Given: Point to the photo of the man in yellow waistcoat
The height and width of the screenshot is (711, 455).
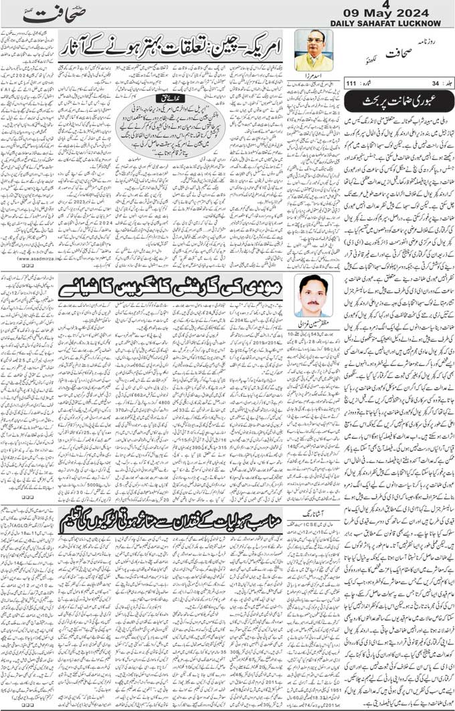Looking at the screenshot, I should [x=313, y=50].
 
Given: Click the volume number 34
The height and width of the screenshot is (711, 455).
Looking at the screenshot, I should [x=432, y=83].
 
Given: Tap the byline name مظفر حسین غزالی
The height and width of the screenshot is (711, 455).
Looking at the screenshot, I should [x=314, y=322].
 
